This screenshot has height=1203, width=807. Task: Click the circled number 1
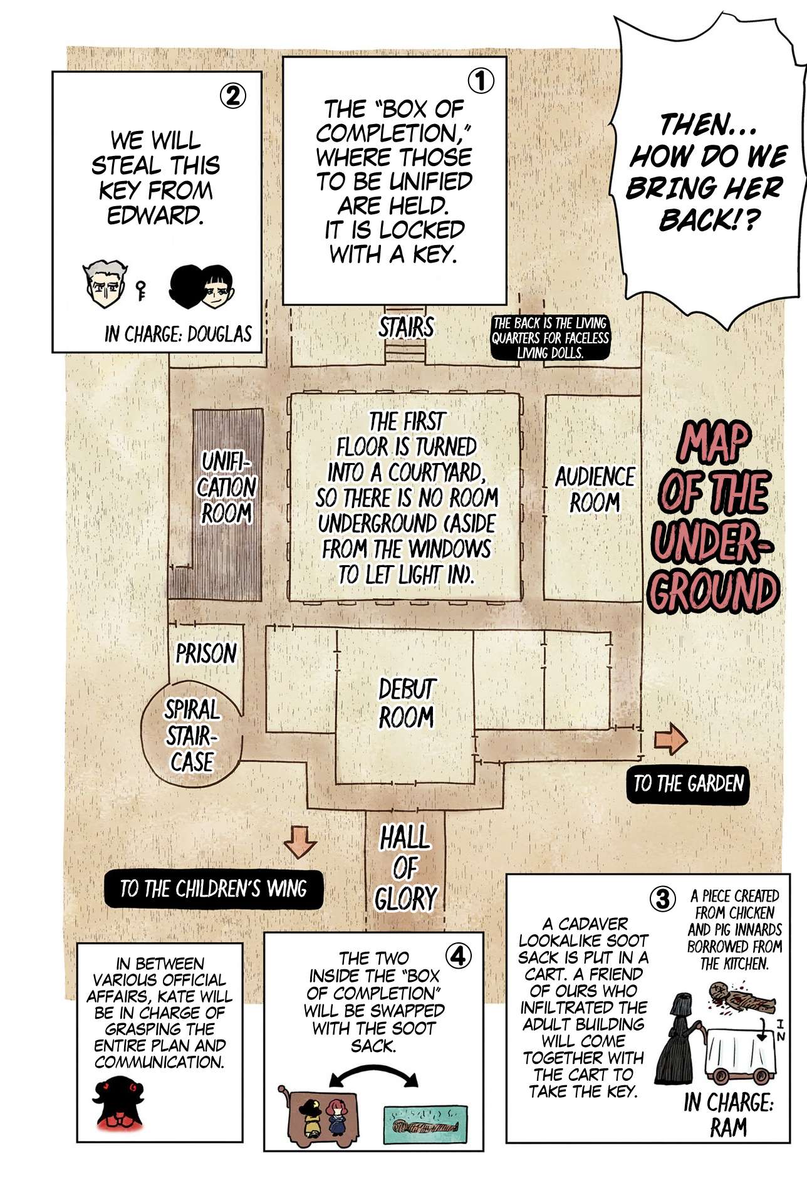[x=481, y=81]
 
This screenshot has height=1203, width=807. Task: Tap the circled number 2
[x=232, y=96]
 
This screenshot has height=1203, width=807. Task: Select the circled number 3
[x=662, y=899]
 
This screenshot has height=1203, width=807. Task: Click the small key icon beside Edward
[x=141, y=290]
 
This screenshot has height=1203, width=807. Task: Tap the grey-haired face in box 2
[x=103, y=285]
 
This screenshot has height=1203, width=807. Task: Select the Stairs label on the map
[x=406, y=327]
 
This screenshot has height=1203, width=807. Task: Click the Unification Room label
[x=227, y=487]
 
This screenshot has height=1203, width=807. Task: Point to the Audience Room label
[x=595, y=489]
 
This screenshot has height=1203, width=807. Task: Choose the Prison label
[x=206, y=654]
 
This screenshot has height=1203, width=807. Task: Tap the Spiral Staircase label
[x=192, y=736]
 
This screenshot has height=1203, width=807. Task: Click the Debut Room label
[x=406, y=703]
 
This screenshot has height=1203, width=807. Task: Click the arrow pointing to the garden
[x=670, y=739]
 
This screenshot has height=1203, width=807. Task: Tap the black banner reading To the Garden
[x=688, y=784]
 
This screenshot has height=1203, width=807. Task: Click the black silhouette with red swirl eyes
[x=119, y=1104]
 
